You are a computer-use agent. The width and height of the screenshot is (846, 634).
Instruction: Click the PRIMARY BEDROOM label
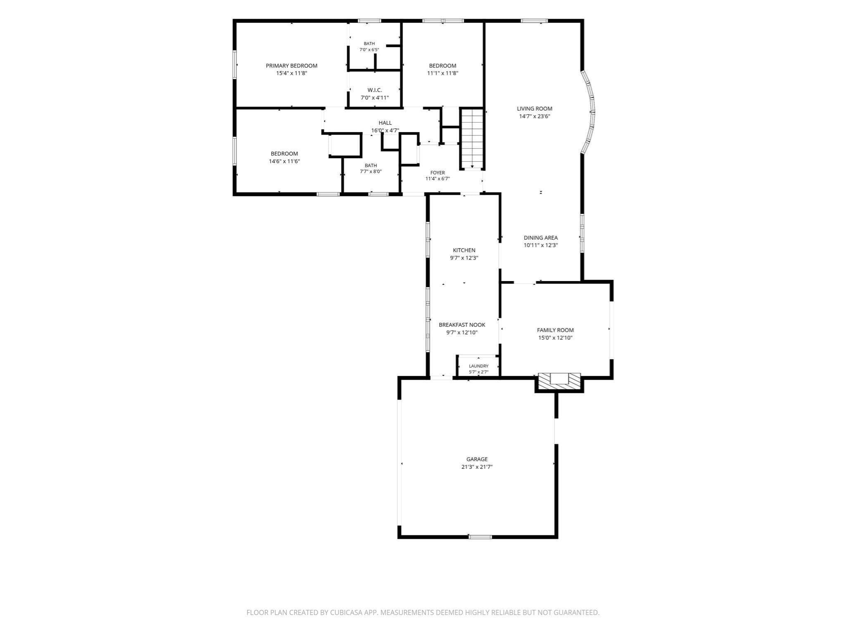[292, 66]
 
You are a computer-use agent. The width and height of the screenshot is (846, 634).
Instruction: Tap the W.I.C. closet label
[375, 90]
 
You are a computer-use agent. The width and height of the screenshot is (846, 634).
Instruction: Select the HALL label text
[385, 123]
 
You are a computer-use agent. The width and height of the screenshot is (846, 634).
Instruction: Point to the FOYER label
[437, 173]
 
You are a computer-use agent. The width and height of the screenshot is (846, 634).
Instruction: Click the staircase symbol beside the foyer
[472, 139]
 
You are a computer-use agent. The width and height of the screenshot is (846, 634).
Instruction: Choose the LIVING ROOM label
[535, 109]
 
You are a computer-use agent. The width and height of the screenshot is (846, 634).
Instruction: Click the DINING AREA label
[541, 237]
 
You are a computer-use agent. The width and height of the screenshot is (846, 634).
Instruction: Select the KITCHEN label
[464, 250]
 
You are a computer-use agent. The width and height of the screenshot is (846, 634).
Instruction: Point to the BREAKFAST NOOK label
[462, 325]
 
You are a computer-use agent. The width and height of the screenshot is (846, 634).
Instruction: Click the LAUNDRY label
[479, 366]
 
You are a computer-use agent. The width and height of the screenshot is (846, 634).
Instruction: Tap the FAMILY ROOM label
[555, 330]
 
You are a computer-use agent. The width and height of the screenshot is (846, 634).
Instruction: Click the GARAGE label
[477, 459]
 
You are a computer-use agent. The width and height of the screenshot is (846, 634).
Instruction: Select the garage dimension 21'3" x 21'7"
[477, 467]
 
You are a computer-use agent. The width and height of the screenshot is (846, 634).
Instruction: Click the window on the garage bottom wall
[480, 537]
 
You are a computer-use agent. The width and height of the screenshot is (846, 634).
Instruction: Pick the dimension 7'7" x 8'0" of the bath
[371, 171]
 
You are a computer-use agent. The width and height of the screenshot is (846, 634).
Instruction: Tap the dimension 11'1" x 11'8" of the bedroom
[442, 73]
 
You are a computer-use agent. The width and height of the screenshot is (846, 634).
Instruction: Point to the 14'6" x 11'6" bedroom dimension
[284, 161]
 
